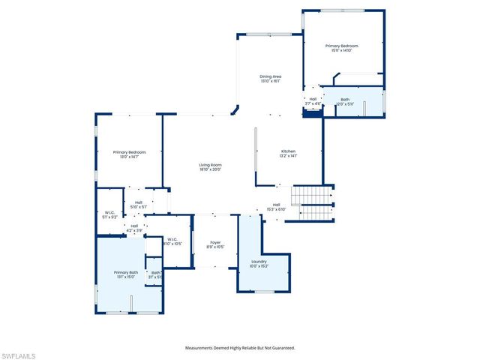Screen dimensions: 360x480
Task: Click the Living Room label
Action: coord(210,165)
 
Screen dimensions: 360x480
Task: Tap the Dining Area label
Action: coord(270,76)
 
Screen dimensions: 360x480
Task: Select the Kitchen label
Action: coord(289,151)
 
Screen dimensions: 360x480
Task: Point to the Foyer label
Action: coord(215,242)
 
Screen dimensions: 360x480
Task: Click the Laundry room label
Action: coord(259,261)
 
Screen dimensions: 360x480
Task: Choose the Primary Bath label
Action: coord(126,272)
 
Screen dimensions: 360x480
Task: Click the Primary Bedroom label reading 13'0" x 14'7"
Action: coord(130,152)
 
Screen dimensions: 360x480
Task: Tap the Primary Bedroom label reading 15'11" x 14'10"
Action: coord(341,46)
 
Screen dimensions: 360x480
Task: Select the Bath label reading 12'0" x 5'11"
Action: coord(345,99)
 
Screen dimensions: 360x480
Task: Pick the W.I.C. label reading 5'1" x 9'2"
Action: coord(109,213)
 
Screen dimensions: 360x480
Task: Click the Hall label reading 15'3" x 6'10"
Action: coord(276,205)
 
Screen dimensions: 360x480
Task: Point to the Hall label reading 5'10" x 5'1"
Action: coord(139,202)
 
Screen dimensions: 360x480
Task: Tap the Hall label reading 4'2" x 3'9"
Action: coord(134,226)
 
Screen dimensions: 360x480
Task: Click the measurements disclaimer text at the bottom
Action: coord(240,348)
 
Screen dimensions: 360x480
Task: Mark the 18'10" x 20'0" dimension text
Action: coord(210,169)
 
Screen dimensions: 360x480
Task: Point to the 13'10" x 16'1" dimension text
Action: coord(270,81)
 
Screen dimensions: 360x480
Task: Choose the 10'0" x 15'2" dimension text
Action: coord(259,265)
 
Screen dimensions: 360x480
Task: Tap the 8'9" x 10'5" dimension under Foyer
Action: coord(215,247)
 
